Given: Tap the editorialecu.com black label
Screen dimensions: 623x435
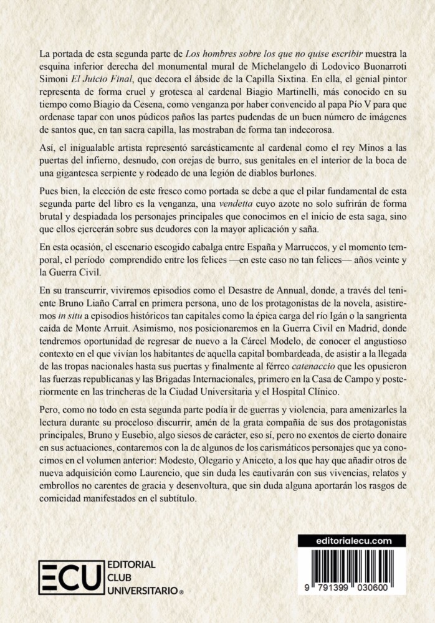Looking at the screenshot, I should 352,540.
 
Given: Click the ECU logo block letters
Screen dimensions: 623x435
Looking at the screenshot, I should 70,579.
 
